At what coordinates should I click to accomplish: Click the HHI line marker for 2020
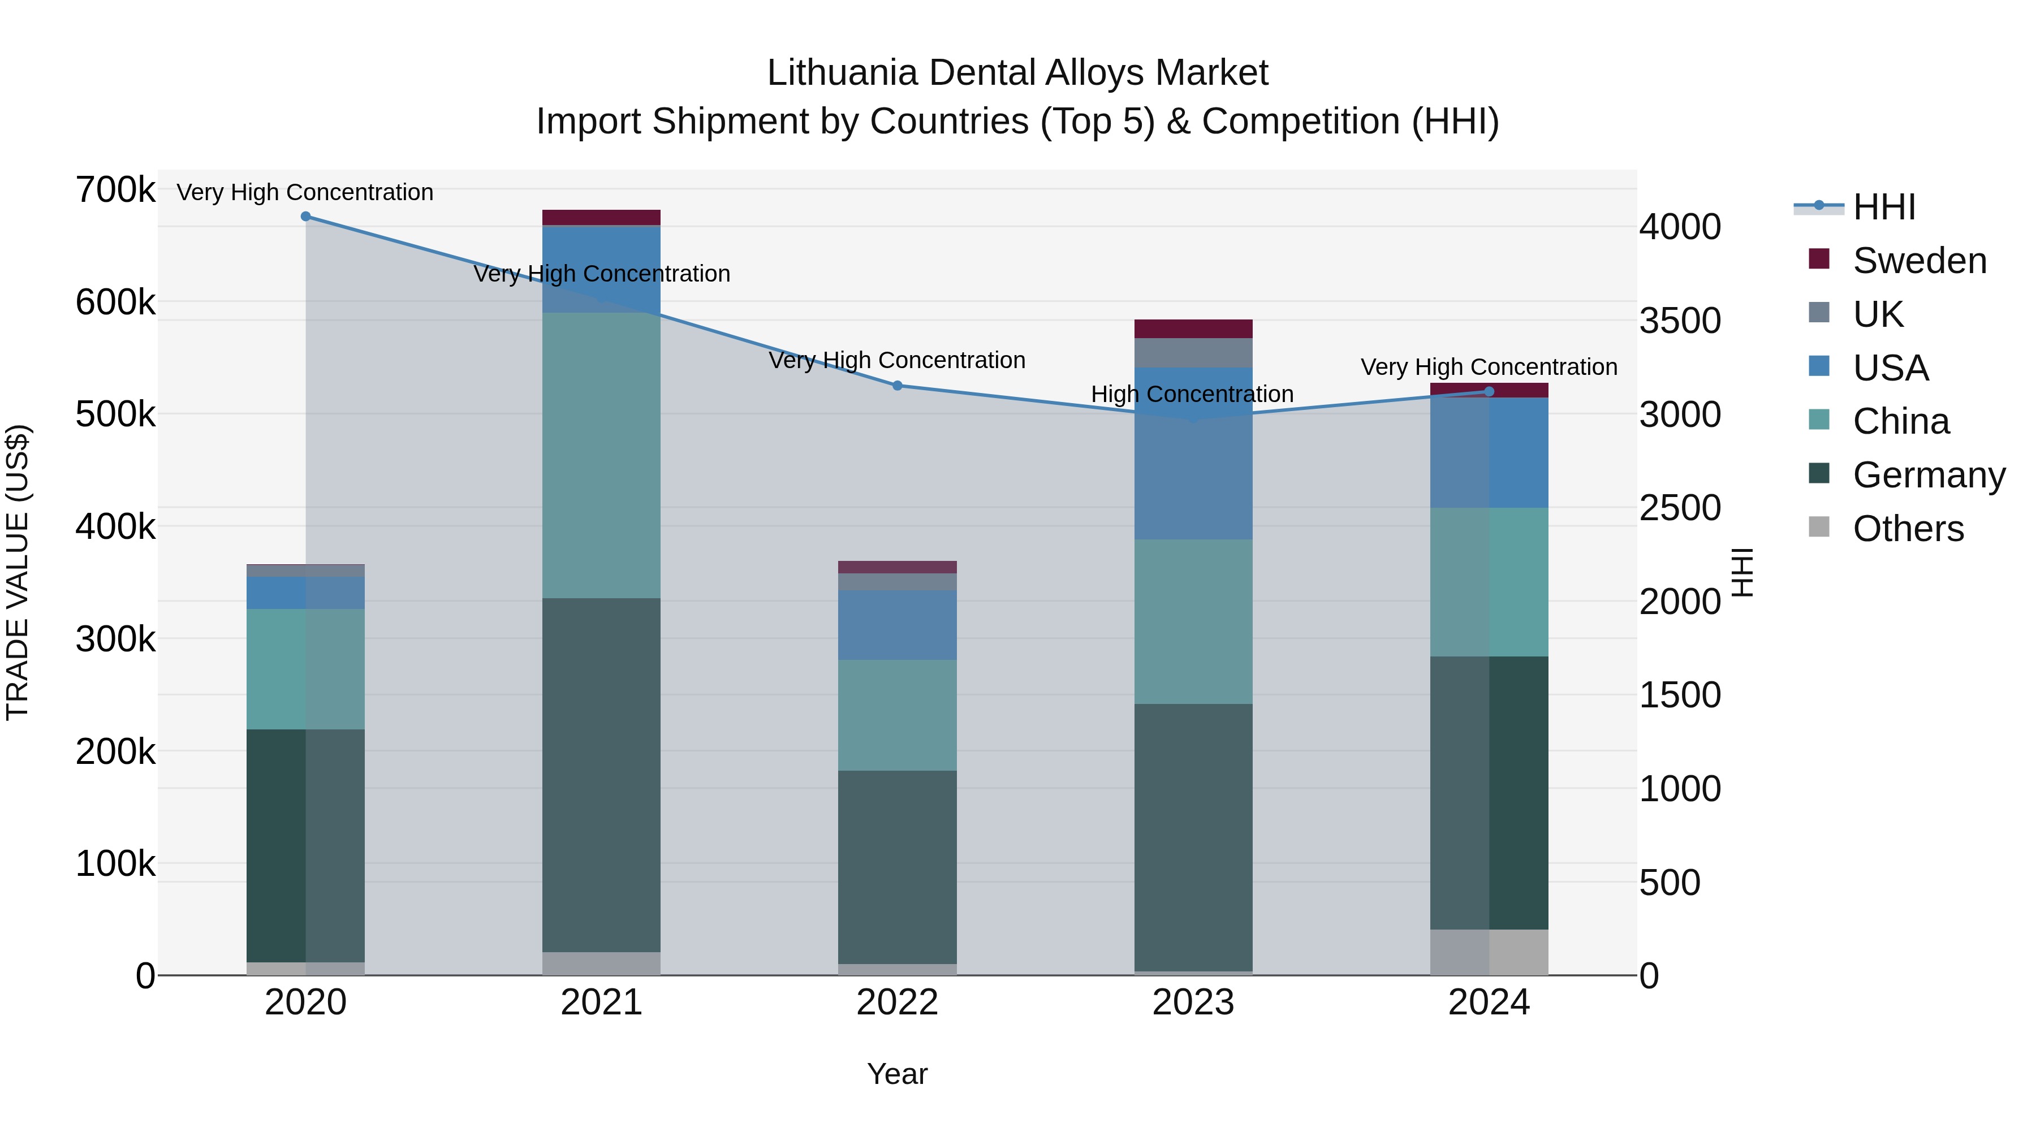point(306,217)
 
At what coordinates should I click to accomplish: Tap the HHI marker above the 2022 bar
point(897,386)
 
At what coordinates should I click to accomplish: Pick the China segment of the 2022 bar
point(897,715)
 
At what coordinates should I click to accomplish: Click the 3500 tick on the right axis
point(1680,321)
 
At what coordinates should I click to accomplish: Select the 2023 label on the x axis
point(1193,1003)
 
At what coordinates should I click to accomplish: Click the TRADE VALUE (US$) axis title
point(18,572)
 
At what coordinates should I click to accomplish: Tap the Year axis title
point(897,1074)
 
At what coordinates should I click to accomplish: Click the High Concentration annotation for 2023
point(1192,394)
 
